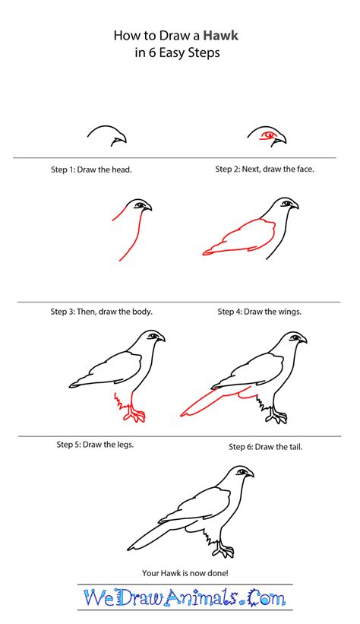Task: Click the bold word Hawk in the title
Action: click(220, 36)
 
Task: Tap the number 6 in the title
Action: click(152, 53)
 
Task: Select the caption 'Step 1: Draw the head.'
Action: click(91, 169)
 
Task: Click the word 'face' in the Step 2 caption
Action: click(305, 169)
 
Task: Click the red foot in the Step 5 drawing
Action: click(134, 416)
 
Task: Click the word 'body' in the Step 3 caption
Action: click(143, 312)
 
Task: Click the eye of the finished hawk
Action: click(242, 472)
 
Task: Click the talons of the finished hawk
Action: click(223, 553)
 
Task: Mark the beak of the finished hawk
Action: click(249, 474)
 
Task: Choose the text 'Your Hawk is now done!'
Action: click(185, 574)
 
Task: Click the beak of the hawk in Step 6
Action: click(302, 340)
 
